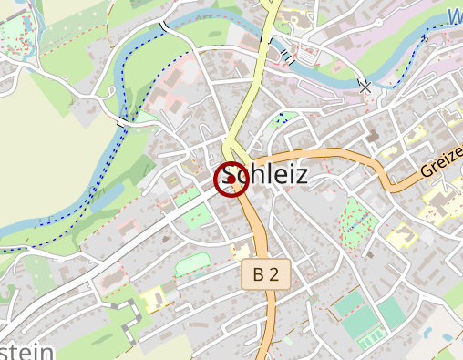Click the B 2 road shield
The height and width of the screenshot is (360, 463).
point(265,273)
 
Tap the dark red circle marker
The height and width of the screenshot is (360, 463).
point(231,179)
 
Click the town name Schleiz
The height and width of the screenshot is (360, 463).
point(264,175)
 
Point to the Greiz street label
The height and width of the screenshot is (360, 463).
point(442,160)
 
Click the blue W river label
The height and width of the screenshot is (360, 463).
point(455,15)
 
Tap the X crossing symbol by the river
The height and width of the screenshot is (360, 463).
point(365,85)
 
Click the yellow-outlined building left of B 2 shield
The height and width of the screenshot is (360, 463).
point(241,251)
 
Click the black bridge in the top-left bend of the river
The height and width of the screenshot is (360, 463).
point(165,26)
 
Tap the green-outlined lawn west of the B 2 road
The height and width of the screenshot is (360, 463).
point(192,263)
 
